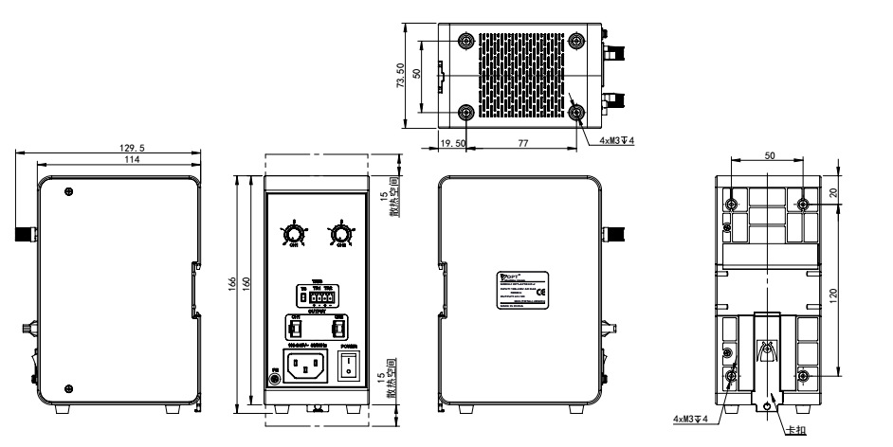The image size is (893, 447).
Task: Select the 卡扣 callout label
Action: coord(795,429)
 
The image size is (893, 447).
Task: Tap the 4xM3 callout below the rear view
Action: coord(688,418)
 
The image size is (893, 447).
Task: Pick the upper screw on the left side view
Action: coord(68,191)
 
